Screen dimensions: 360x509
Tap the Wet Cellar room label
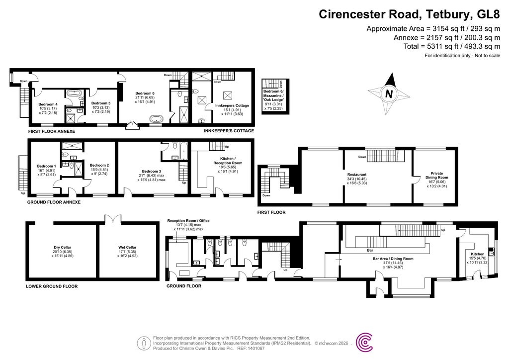(x=127, y=247)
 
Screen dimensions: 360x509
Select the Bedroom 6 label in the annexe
(x=145, y=93)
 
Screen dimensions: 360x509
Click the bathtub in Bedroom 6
(x=156, y=119)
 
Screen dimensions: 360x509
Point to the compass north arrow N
(x=389, y=92)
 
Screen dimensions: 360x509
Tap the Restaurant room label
(x=357, y=175)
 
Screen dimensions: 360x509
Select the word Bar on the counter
(x=370, y=250)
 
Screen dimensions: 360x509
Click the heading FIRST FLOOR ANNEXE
(x=52, y=131)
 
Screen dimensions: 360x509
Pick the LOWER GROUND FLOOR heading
(x=52, y=286)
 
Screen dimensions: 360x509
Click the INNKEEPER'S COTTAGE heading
(x=229, y=131)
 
